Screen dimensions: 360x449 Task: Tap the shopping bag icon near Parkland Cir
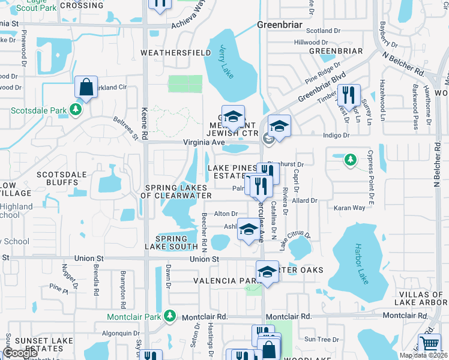pyautogui.click(x=86, y=88)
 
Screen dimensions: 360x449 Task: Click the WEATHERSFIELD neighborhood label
pyautogui.click(x=176, y=53)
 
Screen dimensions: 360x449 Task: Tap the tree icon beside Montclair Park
pyautogui.click(x=170, y=316)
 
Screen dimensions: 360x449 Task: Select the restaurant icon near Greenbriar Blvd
pyautogui.click(x=349, y=95)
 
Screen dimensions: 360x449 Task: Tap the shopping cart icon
pyautogui.click(x=429, y=344)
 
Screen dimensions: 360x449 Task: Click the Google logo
pyautogui.click(x=20, y=353)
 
